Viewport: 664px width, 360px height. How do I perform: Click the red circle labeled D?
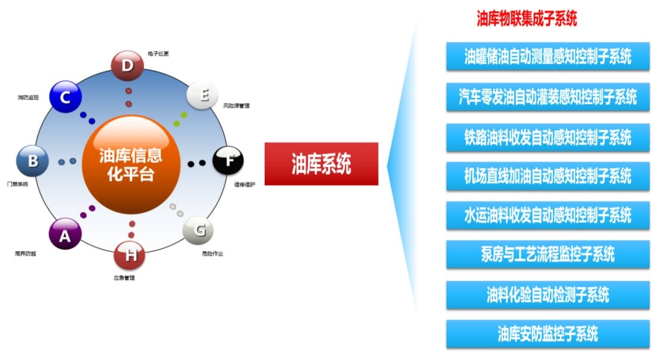click(x=128, y=66)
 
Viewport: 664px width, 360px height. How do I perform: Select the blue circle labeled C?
click(x=66, y=97)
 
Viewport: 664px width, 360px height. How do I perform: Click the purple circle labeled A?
click(x=64, y=236)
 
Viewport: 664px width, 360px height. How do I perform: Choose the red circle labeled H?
click(x=130, y=255)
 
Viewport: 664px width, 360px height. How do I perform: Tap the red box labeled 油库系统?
click(x=321, y=164)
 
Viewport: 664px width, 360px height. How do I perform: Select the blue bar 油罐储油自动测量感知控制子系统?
click(x=548, y=57)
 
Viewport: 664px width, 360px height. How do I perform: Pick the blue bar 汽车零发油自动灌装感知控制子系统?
click(x=548, y=96)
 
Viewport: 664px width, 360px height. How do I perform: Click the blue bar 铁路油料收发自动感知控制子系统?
click(x=548, y=137)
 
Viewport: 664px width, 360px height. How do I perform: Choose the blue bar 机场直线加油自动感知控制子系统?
click(x=548, y=176)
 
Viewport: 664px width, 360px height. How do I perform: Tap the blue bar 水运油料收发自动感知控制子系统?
click(x=548, y=215)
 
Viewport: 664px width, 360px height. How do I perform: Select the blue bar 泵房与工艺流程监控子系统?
click(x=548, y=255)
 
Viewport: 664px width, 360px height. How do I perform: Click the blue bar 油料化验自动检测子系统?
click(x=548, y=294)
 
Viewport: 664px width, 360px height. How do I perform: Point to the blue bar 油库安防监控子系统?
click(x=548, y=334)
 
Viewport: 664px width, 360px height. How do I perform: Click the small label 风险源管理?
click(x=236, y=106)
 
